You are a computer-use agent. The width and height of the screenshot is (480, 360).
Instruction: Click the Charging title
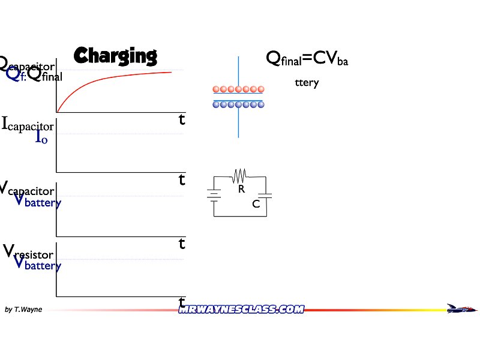point(115,56)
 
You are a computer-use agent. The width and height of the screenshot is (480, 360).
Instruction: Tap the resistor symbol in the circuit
point(239,175)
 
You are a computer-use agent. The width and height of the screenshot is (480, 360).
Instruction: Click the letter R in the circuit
point(241,189)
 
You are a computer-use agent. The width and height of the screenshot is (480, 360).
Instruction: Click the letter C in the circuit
point(256,204)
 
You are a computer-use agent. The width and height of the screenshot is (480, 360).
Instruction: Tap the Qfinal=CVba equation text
point(307,58)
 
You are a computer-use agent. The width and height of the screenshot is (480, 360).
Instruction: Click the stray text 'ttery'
point(307,83)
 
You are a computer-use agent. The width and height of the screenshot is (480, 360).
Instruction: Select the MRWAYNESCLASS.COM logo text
point(241,309)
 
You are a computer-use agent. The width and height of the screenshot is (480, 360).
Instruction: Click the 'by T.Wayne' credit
point(23,310)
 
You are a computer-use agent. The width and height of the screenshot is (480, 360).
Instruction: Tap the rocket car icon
point(462,308)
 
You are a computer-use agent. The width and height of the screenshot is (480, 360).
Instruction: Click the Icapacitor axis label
point(28,125)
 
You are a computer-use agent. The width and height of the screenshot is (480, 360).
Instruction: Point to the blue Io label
point(41,137)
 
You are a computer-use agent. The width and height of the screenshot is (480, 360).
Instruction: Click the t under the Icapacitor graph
point(182,179)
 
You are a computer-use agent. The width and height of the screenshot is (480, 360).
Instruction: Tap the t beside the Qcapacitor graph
point(182,119)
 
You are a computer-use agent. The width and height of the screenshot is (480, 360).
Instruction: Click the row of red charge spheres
point(238,89)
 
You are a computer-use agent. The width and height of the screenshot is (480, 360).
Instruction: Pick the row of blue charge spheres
point(238,104)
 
